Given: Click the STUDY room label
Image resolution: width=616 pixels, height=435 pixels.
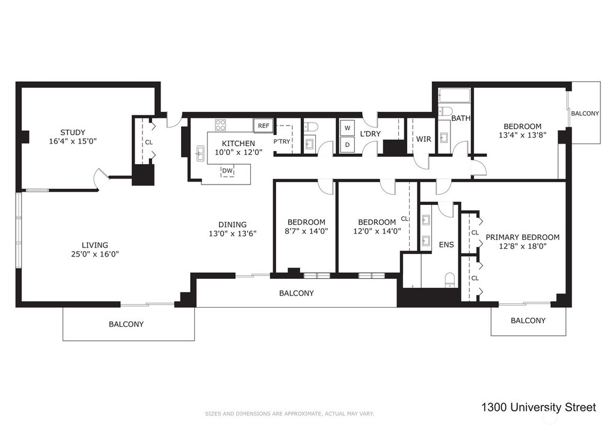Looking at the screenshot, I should [72, 132].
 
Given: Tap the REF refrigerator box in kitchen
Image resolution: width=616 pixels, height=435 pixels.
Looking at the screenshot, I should [263, 126].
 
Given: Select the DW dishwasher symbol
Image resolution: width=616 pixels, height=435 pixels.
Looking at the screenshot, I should [227, 171].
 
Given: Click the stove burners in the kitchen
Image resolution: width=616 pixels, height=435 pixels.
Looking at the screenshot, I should [221, 125].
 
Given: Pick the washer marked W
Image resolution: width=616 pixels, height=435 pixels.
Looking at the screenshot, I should [347, 128].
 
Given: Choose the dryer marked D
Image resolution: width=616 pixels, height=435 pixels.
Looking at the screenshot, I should [347, 144].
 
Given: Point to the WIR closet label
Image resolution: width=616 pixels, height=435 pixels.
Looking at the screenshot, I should [423, 139].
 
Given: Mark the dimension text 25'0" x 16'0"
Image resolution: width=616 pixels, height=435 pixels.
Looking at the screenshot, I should [95, 254].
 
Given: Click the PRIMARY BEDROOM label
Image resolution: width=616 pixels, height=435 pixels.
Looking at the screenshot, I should [522, 237].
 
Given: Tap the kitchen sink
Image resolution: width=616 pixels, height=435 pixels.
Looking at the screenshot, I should [200, 154].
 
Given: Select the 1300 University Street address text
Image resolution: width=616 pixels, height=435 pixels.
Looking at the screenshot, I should [538, 408].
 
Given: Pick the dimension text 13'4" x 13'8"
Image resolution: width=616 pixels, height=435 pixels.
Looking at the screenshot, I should [522, 136].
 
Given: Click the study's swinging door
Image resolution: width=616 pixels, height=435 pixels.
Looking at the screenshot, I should [100, 179].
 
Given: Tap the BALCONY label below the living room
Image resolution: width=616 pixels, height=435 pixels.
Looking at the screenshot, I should [126, 324].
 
